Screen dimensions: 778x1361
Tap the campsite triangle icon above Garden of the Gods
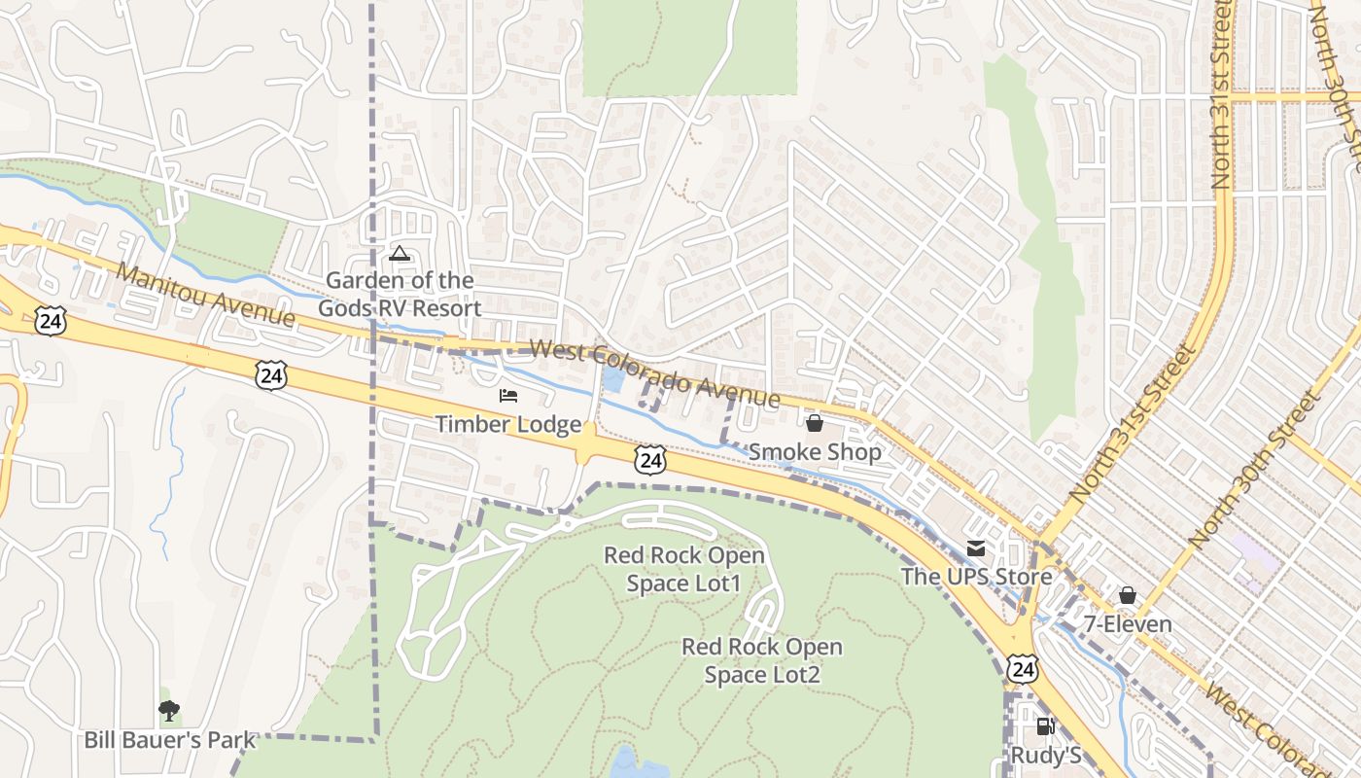pos(399,254)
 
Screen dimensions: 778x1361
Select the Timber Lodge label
pos(507,425)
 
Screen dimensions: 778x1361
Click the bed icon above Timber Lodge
pos(508,396)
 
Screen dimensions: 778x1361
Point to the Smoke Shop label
pos(815,452)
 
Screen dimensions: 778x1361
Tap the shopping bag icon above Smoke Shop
pos(815,423)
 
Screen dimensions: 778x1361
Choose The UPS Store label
pos(976,577)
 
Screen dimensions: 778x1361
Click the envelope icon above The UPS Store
pos(975,549)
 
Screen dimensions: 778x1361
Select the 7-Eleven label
pos(1128,624)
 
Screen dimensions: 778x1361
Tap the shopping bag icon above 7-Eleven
pos(1128,595)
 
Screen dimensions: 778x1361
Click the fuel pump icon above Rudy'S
pos(1045,725)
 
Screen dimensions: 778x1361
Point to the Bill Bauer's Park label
pos(169,740)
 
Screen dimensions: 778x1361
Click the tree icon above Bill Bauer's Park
pos(169,711)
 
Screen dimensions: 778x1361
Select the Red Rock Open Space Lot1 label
pos(684,569)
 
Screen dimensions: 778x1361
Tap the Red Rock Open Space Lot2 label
pos(762,660)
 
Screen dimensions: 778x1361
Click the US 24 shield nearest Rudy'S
pos(1022,668)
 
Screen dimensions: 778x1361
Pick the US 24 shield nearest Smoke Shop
pos(650,460)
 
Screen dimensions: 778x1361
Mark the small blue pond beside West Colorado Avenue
pos(613,380)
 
